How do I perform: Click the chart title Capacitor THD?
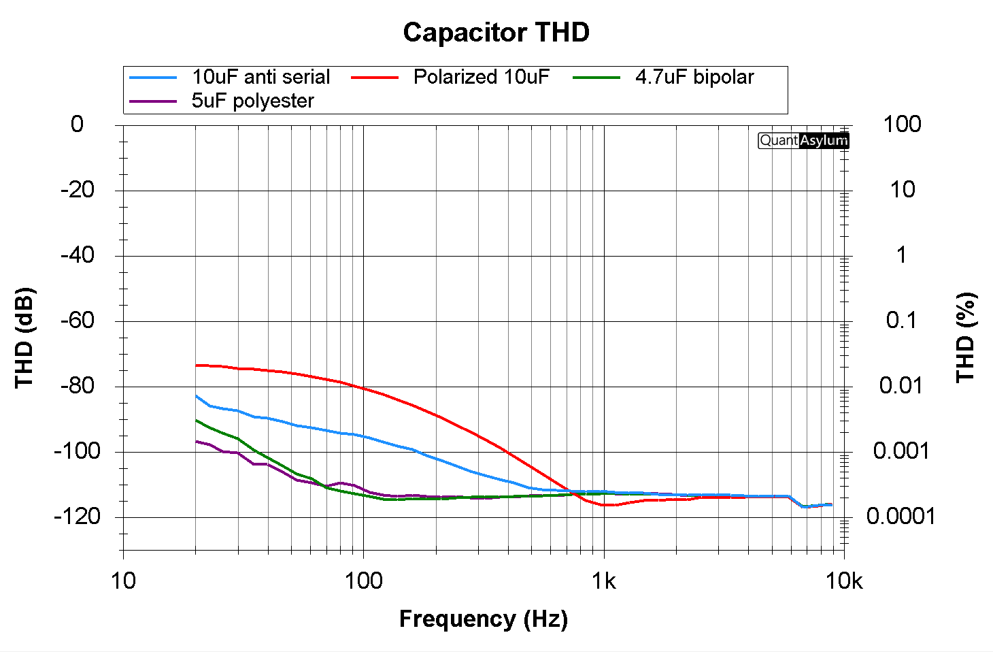496,33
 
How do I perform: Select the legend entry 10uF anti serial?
260,77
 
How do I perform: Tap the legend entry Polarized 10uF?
481,77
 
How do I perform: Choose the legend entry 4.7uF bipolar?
694,77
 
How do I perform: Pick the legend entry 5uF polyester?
252,101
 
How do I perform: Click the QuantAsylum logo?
803,140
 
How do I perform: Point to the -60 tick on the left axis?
78,321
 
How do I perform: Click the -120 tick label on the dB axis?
77,517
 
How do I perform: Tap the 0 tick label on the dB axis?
78,124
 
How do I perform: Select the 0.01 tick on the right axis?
901,386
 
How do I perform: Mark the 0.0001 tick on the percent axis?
901,517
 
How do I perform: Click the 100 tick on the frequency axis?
363,581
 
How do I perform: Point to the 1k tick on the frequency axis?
603,581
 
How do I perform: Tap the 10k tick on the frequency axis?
844,581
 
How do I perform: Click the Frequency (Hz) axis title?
483,619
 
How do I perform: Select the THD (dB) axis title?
24,338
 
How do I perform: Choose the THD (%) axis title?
966,338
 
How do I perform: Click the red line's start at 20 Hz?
196,365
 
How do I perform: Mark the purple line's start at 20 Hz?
196,442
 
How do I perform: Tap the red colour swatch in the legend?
375,78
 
